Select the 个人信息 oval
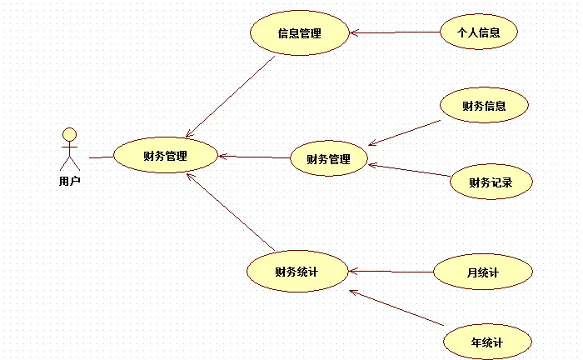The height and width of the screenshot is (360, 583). click(x=479, y=33)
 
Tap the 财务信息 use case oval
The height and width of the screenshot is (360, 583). click(x=484, y=106)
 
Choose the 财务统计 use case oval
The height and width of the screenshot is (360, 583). click(x=297, y=272)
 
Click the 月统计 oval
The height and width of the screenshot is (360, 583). click(x=482, y=272)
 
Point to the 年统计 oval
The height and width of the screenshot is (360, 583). click(x=487, y=342)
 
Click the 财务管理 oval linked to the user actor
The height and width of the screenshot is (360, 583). click(x=165, y=155)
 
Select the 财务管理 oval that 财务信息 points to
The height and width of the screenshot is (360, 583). click(x=328, y=159)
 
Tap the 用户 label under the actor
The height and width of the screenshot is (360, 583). click(x=70, y=180)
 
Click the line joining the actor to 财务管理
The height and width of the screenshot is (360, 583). click(x=101, y=156)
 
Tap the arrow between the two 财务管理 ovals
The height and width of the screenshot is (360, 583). click(x=254, y=156)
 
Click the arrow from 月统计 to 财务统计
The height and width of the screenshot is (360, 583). click(x=391, y=272)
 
